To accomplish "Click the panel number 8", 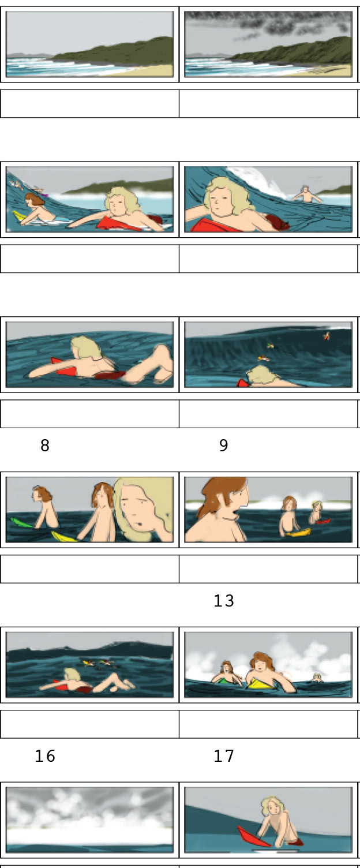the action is [45, 446].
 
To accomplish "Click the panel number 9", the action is [224, 446].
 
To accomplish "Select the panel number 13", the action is [224, 601].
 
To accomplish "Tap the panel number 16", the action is [45, 756].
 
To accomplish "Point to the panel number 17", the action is [224, 756].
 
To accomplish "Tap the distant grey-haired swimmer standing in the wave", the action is [306, 194].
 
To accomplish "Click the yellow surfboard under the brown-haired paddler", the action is [20, 216].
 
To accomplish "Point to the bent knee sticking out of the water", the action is [163, 357].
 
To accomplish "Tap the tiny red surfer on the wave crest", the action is [327, 336].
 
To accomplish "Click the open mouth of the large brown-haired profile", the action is [234, 513].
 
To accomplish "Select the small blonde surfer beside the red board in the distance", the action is [316, 511].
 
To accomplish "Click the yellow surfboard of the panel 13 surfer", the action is [298, 533].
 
